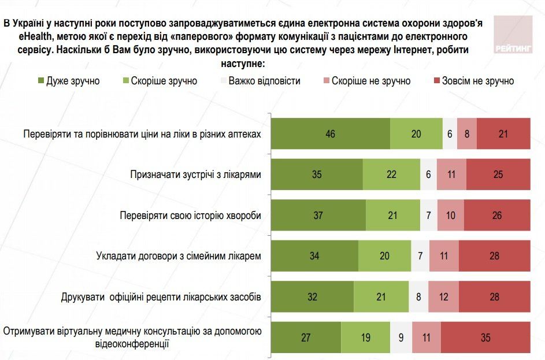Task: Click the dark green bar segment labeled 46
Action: [x=331, y=133]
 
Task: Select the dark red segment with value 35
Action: [x=485, y=337]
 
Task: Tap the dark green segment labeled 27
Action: [x=306, y=337]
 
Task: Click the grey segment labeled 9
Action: [x=401, y=337]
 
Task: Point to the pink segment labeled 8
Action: [x=467, y=133]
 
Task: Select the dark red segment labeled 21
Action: [x=503, y=133]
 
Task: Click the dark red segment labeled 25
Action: [x=498, y=175]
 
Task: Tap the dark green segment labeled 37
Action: [x=318, y=215]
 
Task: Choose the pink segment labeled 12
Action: [x=443, y=297]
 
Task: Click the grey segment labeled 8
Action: [x=418, y=297]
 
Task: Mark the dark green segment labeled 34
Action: [x=314, y=256]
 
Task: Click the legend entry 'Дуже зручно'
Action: [x=68, y=81]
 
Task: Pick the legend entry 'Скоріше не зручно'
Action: [x=369, y=81]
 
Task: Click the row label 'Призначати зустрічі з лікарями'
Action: [x=196, y=175]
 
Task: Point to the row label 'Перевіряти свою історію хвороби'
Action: [x=191, y=215]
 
